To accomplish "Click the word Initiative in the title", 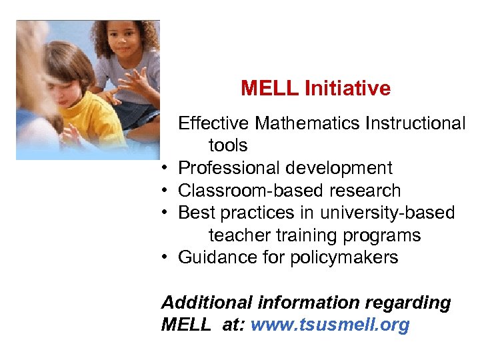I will click(347, 88).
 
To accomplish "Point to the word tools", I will click(228, 145).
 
